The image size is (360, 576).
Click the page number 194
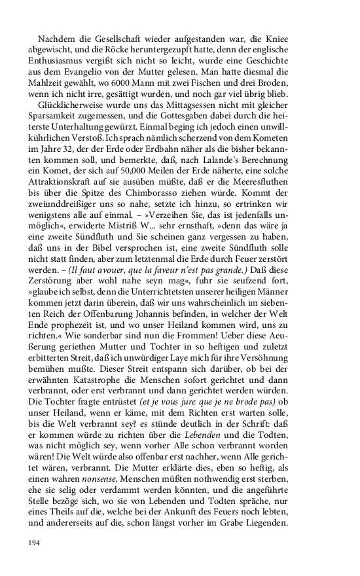pos(35,543)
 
